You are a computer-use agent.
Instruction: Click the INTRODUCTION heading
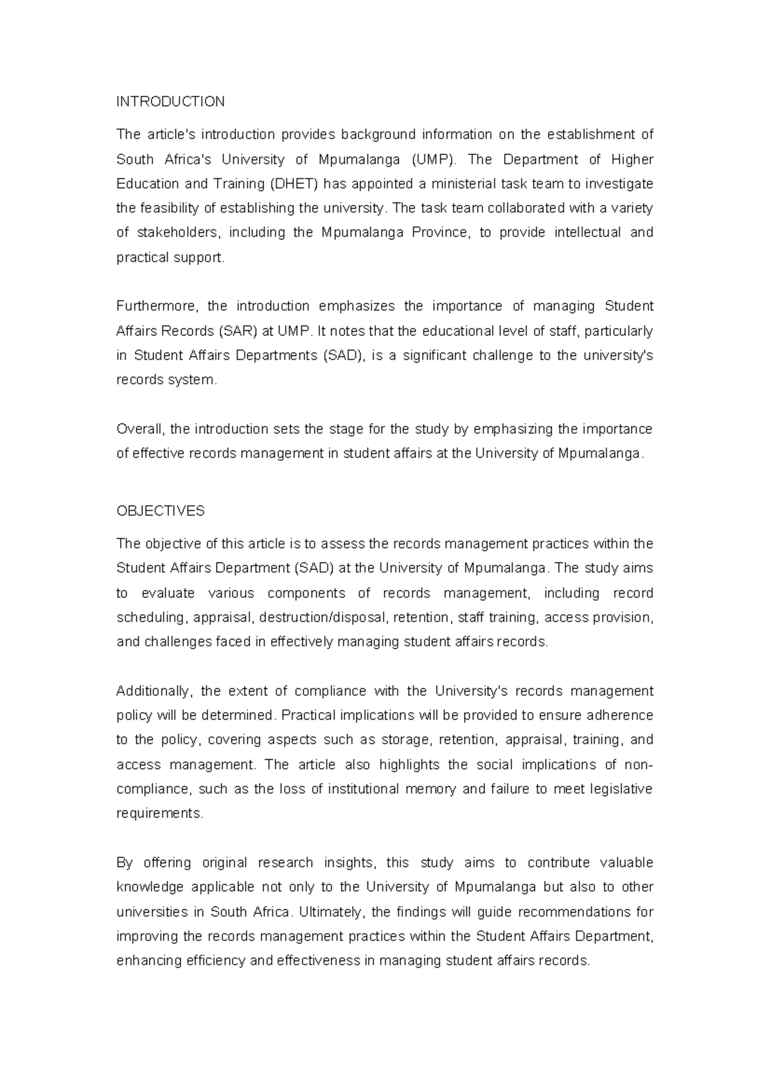tap(170, 102)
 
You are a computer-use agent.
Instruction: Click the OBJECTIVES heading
tap(161, 511)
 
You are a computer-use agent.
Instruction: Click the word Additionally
tap(154, 692)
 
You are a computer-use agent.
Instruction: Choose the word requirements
tap(159, 814)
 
